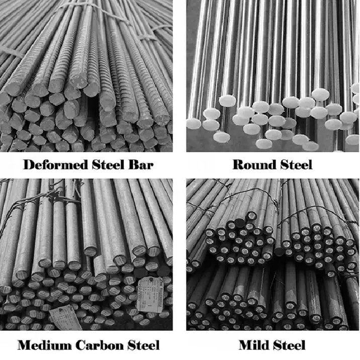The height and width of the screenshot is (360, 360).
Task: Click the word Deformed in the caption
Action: pos(55,164)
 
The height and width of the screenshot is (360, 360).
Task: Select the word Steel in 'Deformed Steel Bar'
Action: pos(108,164)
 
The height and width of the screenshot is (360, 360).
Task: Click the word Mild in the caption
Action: pos(254,345)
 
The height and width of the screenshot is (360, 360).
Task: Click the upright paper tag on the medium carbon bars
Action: pos(150,295)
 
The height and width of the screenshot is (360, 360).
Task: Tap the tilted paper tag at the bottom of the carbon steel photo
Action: pos(65,318)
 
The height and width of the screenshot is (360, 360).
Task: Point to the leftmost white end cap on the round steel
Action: pos(194,123)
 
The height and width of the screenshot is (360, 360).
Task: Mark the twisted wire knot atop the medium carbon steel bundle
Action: pos(54,194)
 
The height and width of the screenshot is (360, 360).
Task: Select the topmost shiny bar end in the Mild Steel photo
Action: pos(251,215)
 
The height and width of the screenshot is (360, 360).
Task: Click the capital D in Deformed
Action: pos(29,164)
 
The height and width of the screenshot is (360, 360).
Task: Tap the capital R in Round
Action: pos(239,164)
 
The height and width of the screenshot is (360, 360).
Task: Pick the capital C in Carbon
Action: pos(80,345)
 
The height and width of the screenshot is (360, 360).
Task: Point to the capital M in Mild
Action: pos(246,345)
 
